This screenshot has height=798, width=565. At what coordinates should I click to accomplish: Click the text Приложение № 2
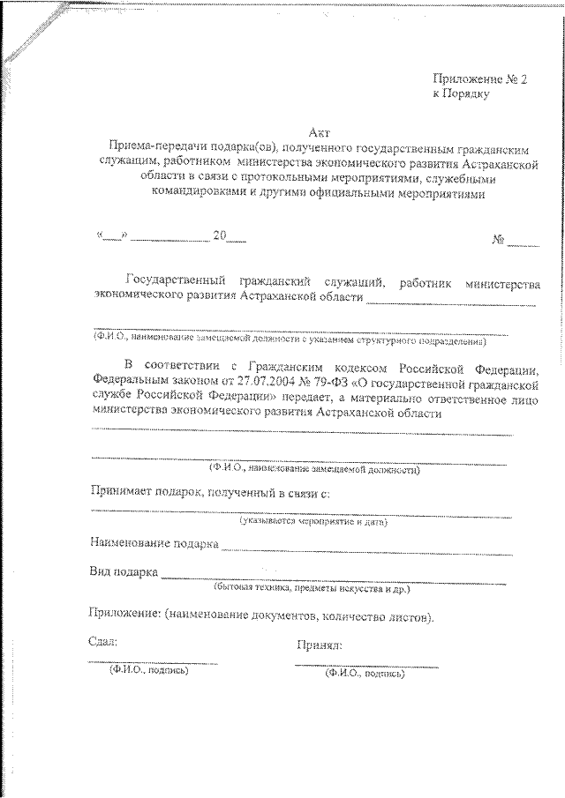pos(479,78)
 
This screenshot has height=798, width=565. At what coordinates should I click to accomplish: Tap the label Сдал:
pos(102,642)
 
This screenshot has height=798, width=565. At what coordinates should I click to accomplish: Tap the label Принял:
pos(320,645)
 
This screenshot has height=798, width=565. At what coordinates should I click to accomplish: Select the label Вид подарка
pos(123,571)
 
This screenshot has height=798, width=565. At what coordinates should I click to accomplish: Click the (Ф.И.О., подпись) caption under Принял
pos(364,674)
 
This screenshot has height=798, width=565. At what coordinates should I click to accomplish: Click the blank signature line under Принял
pos(365,664)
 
